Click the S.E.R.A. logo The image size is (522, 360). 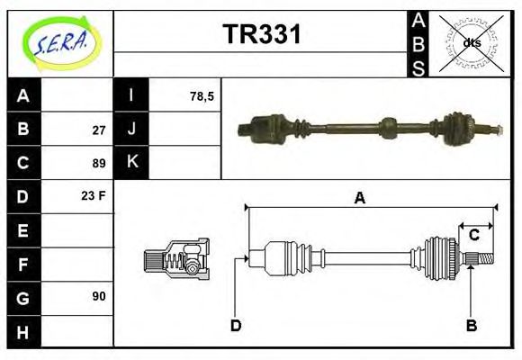[x=59, y=41]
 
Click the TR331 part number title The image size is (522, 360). [x=262, y=34]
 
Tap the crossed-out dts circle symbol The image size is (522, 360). [x=471, y=42]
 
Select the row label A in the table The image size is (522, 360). [x=23, y=96]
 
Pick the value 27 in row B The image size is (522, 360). [x=99, y=130]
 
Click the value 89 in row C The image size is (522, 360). [x=99, y=163]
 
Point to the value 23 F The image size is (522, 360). [x=94, y=194]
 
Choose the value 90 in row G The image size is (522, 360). [x=99, y=296]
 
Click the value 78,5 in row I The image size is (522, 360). [x=202, y=96]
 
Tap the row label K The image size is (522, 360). [x=131, y=163]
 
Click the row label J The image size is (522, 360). [x=131, y=130]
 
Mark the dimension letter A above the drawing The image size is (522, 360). [x=359, y=199]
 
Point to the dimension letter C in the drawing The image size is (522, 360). [x=473, y=236]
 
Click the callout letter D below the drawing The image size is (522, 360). [x=235, y=325]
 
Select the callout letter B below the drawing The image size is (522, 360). [x=471, y=325]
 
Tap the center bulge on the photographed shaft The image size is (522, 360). [x=388, y=128]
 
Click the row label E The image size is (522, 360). [x=23, y=230]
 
